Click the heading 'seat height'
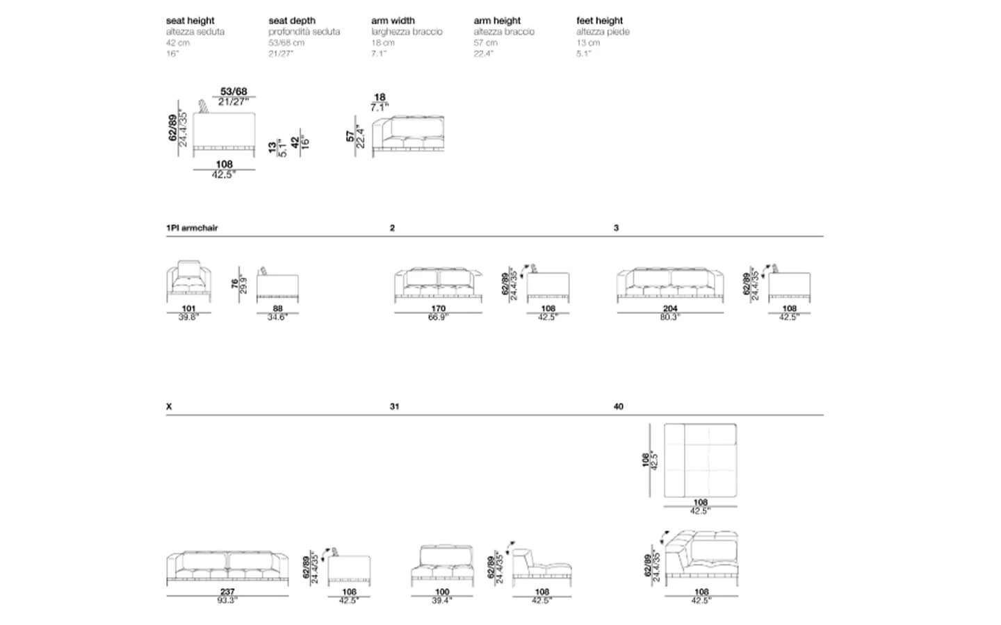190,21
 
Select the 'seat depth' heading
292,21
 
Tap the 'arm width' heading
393,21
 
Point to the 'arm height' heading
497,21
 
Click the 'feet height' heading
599,21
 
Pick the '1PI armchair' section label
192,228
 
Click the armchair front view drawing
188,281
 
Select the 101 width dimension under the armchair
188,308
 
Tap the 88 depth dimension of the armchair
277,308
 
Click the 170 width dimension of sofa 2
438,308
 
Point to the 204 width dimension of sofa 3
669,308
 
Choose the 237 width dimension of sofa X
227,592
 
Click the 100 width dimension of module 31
441,592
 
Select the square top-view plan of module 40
700,460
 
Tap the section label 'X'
169,406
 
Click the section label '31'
394,406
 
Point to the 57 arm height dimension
350,136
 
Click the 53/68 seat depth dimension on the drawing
234,92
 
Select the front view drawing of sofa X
227,566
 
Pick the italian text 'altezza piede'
603,32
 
